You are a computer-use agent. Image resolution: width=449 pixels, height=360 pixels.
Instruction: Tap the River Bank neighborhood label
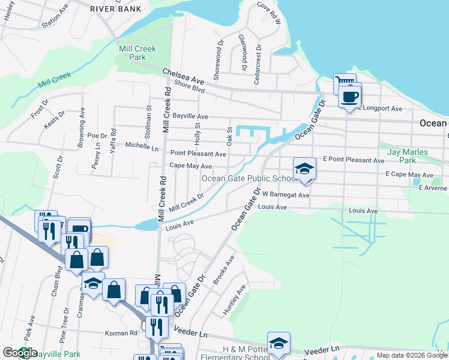116,9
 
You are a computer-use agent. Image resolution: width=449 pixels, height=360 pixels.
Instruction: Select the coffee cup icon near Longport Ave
349,96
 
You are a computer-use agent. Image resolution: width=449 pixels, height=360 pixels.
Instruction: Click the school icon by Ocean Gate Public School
304,169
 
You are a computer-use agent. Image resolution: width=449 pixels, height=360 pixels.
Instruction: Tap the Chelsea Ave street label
183,76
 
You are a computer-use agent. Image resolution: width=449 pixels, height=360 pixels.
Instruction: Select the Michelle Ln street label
142,146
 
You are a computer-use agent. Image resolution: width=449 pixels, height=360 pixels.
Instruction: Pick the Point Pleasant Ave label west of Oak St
197,154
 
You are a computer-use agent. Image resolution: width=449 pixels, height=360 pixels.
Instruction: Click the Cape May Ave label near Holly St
191,166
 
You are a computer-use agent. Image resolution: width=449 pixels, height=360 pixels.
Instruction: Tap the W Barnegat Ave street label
285,195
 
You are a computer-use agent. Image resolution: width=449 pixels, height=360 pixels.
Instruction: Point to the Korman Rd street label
121,333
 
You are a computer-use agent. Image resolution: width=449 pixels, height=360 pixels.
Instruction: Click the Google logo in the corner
20,353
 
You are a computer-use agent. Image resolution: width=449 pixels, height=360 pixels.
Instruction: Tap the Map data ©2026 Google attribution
412,355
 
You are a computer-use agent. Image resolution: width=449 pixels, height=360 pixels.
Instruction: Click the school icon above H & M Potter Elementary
279,343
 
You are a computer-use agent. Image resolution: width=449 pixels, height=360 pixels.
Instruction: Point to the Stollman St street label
148,117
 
